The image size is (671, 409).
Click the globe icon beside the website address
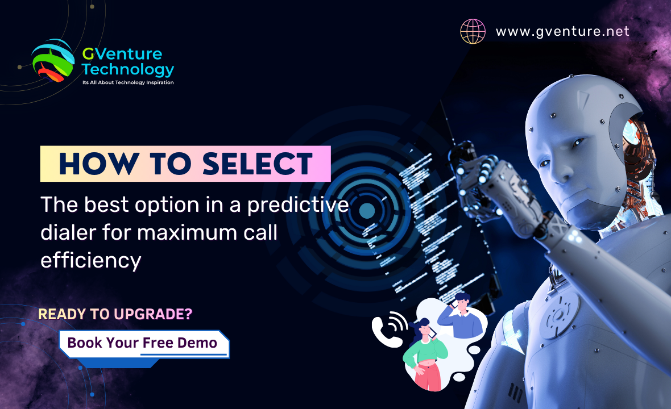(473, 31)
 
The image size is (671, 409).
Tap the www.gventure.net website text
(562, 31)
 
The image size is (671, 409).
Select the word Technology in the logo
(128, 70)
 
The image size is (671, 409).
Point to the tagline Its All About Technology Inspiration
(128, 83)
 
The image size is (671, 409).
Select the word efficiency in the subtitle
(90, 260)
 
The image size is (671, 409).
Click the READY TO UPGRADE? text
(115, 314)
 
